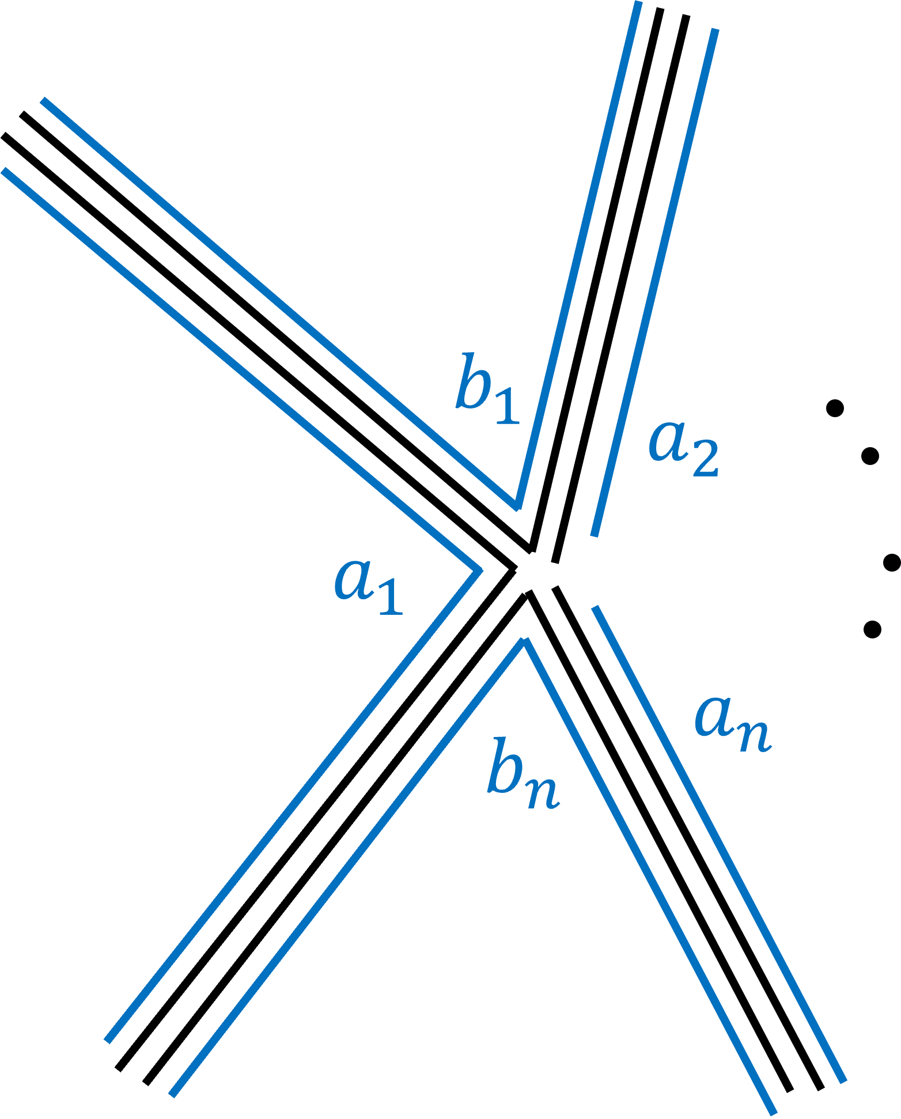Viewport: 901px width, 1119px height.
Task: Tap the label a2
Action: coord(683,447)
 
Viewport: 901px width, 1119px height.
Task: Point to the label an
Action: coord(732,723)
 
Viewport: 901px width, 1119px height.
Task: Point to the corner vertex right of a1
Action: coord(479,570)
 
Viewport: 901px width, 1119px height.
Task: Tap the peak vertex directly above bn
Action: coord(524,641)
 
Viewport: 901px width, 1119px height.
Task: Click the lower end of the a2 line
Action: coord(594,535)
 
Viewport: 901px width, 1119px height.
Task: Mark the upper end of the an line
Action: coord(596,607)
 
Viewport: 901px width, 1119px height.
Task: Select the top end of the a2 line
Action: coord(715,29)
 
